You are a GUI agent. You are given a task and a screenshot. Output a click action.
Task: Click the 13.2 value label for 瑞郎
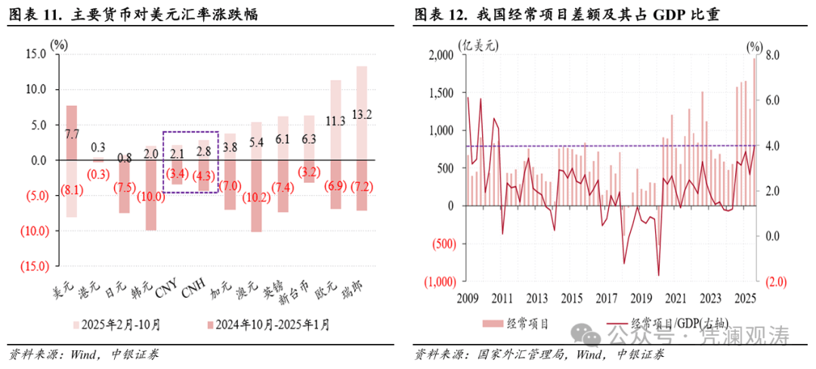tap(362, 115)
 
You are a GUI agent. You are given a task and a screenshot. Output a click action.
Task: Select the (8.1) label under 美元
tap(71, 191)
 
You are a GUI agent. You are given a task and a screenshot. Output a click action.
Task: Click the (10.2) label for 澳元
tap(256, 199)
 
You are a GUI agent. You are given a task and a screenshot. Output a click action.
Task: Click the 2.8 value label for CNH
tap(202, 151)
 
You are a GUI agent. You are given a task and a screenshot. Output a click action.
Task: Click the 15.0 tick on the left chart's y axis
tap(35, 54)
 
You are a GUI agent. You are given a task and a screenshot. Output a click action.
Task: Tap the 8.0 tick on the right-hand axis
tap(771, 56)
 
